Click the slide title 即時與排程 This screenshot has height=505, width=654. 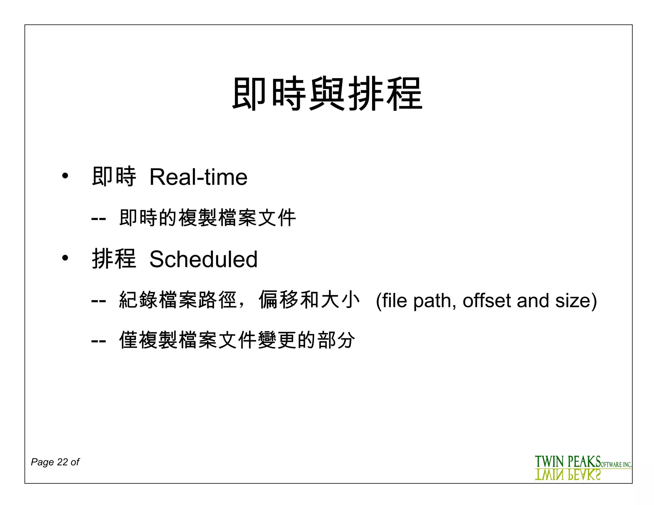click(x=327, y=94)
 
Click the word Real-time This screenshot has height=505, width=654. click(x=198, y=177)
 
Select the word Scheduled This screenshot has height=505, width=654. click(x=203, y=259)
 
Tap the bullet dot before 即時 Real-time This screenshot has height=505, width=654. click(x=65, y=176)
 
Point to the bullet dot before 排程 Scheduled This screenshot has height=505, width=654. click(x=65, y=258)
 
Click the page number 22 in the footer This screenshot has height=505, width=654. click(x=62, y=462)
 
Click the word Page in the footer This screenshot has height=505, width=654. click(x=42, y=462)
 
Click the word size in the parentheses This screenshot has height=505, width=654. click(x=574, y=301)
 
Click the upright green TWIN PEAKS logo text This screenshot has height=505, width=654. click(x=568, y=462)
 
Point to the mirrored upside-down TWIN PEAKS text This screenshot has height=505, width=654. click(x=568, y=475)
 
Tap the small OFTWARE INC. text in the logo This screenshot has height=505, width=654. click(x=616, y=465)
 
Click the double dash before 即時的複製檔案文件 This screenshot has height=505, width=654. click(x=98, y=218)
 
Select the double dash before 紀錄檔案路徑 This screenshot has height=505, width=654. click(x=98, y=301)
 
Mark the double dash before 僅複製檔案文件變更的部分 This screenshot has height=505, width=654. click(x=98, y=340)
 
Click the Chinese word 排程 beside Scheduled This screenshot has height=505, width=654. click(x=114, y=259)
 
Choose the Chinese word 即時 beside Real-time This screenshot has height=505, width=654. click(x=114, y=177)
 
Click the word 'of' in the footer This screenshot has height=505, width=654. click(x=75, y=462)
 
